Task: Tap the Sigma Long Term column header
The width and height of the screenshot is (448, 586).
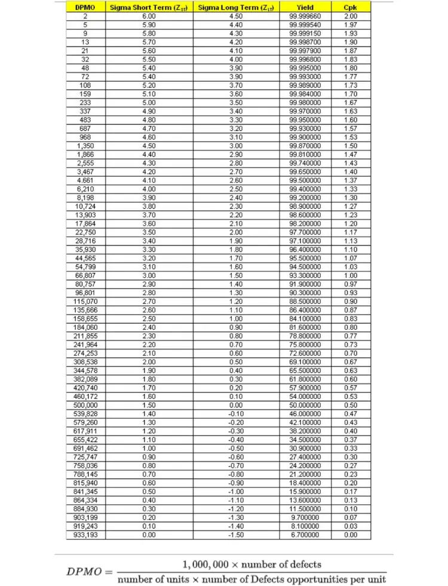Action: (x=236, y=7)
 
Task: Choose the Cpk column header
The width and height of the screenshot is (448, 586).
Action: (x=350, y=7)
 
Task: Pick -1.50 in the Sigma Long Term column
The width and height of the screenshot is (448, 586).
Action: (x=236, y=535)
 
